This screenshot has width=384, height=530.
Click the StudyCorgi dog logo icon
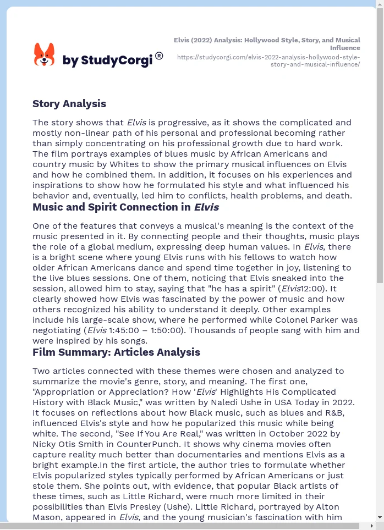[44, 55]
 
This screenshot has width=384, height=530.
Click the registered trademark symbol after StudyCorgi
[159, 56]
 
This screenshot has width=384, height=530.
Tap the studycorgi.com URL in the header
[268, 60]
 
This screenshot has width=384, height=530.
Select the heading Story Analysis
[69, 104]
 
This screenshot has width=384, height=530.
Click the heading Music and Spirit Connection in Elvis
[125, 207]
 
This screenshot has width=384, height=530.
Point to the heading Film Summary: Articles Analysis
[116, 352]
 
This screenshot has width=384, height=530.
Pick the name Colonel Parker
[296, 320]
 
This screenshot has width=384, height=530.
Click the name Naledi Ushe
[243, 402]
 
